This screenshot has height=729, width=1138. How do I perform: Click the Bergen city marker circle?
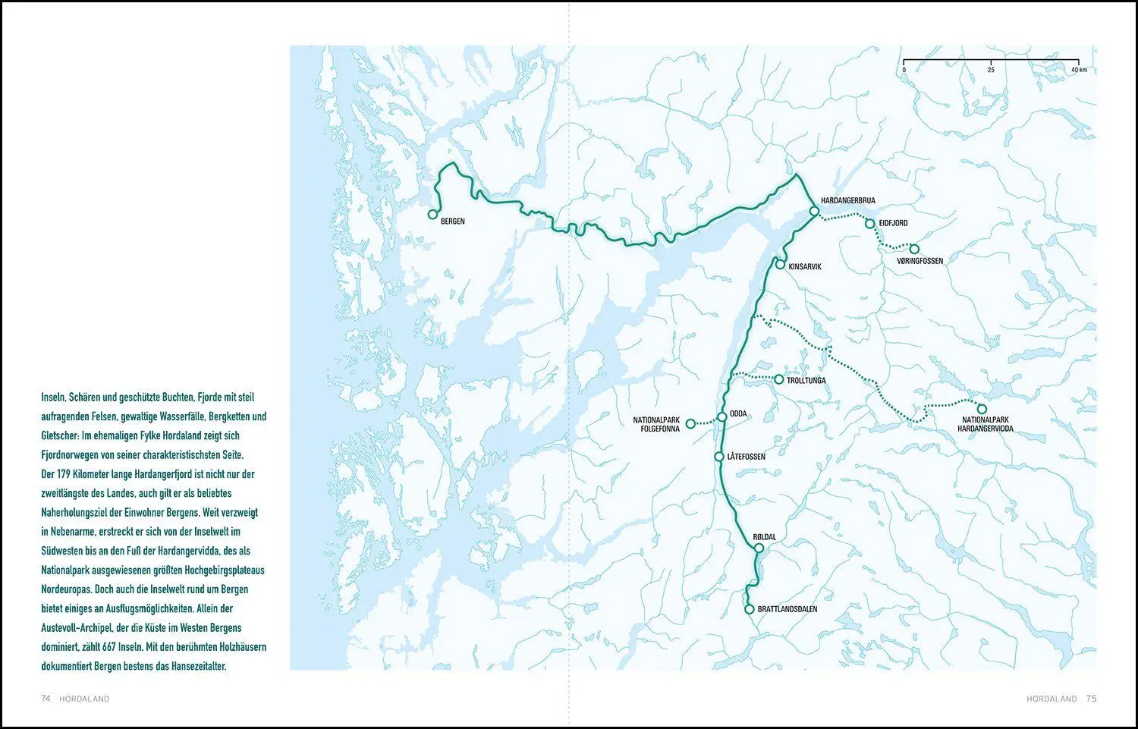point(432,215)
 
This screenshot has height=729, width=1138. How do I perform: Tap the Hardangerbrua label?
point(847,200)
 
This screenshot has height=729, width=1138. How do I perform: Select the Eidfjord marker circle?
point(870,224)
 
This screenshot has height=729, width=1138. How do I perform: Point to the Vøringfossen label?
point(920,261)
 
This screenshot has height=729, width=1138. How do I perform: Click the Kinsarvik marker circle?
point(780,264)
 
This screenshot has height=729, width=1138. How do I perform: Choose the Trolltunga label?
point(806,380)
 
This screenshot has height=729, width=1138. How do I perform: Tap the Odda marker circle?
point(722,416)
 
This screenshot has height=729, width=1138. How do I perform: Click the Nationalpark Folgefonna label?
point(658,424)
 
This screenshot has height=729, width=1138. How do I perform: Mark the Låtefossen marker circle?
point(719,457)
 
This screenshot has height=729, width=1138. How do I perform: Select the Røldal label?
point(764,536)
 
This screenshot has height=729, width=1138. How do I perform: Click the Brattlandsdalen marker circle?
point(749,609)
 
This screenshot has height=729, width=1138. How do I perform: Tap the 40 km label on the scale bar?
point(1079,69)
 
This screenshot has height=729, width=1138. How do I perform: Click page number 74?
point(46,699)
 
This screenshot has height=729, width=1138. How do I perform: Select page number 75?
point(1091,699)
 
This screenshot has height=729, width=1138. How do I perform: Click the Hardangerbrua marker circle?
point(813,212)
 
